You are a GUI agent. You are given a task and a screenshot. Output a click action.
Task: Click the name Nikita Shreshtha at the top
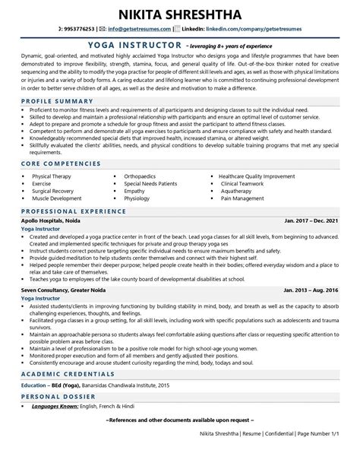coord(180,14)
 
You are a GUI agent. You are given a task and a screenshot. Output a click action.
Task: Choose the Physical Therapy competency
coord(52,176)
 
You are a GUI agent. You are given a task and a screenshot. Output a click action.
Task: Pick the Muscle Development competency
coord(57,198)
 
